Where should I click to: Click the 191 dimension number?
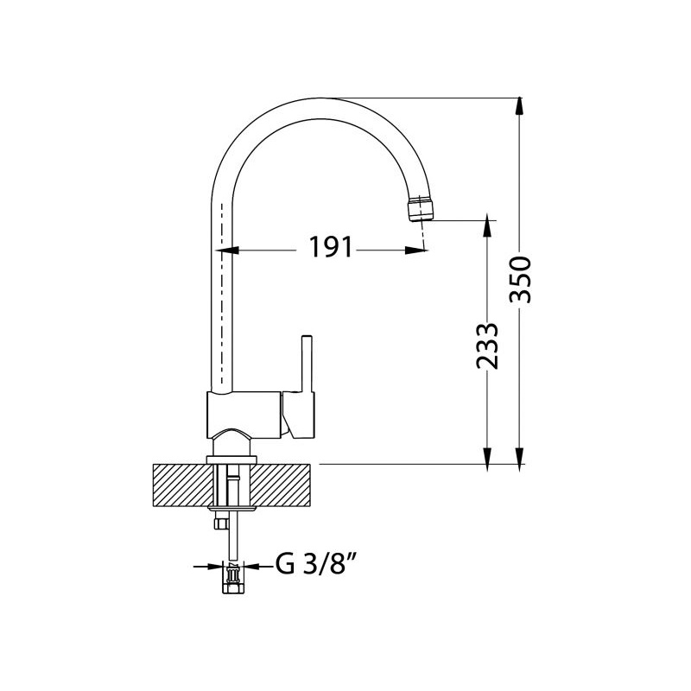click(x=331, y=247)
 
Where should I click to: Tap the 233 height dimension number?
click(x=487, y=346)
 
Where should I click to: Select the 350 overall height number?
click(x=520, y=279)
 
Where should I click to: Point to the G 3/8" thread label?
click(x=316, y=564)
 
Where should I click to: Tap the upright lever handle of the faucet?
click(x=307, y=365)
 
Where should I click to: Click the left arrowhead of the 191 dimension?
click(x=227, y=250)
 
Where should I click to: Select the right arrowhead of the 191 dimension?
click(x=416, y=250)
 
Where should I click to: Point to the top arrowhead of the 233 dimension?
click(x=487, y=225)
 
